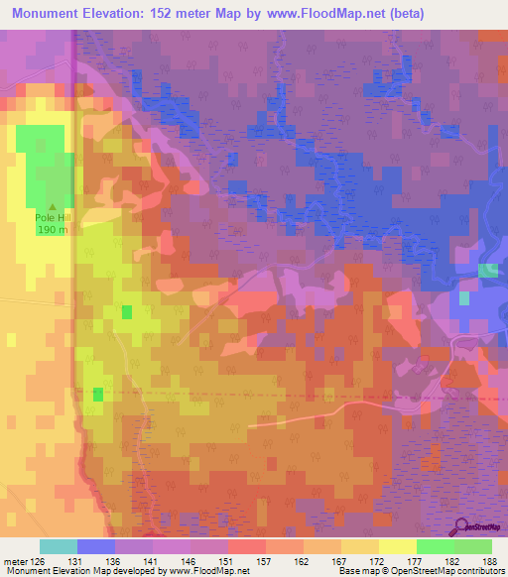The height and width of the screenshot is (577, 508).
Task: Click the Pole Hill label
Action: pos(53,215)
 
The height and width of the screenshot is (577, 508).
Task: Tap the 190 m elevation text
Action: pos(53,230)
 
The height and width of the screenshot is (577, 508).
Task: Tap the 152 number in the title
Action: pos(172,14)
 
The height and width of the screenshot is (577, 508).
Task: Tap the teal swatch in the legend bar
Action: pos(58,546)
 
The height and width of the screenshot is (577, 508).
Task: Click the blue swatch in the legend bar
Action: pos(95,546)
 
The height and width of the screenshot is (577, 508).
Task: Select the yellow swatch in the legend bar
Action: pos(397,546)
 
